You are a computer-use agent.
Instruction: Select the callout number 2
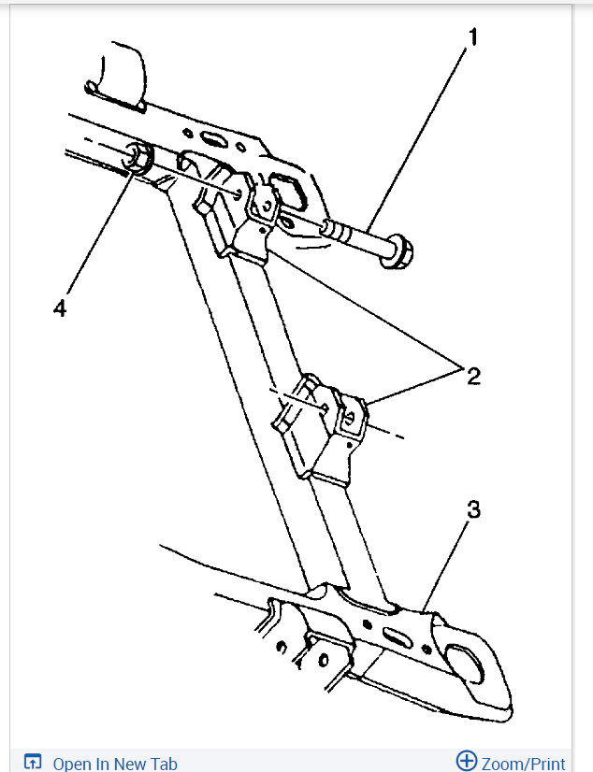tap(474, 377)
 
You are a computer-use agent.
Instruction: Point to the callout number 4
tap(60, 308)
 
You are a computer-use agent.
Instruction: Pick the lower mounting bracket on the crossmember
tap(318, 425)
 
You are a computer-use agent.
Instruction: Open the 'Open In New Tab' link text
tap(115, 764)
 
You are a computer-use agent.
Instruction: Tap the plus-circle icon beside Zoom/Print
tap(467, 761)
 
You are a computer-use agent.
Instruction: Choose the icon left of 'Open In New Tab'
tap(33, 762)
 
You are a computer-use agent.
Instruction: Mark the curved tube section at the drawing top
tap(117, 70)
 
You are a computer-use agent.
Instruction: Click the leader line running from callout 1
tap(421, 140)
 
